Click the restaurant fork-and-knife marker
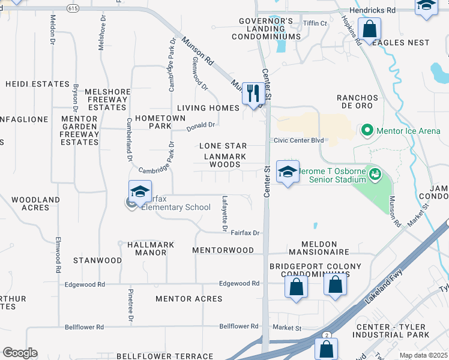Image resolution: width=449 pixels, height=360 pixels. [x=253, y=94]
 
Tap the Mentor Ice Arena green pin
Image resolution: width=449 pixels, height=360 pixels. [x=367, y=130]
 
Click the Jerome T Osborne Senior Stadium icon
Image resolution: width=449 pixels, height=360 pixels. [x=376, y=175]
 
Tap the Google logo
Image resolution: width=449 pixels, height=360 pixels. [x=20, y=353]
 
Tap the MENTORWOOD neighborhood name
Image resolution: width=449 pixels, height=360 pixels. [x=223, y=250]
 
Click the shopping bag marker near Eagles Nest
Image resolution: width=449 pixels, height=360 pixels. [x=369, y=28]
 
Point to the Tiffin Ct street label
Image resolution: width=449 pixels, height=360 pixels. [x=315, y=23]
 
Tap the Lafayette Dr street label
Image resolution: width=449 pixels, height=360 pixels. [x=224, y=214]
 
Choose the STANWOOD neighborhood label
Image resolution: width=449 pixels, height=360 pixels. [x=97, y=260]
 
